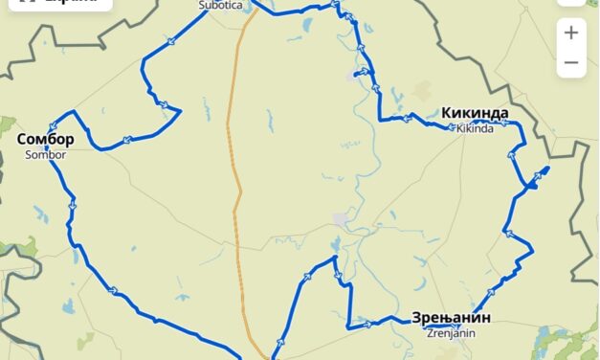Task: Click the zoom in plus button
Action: coord(571,33)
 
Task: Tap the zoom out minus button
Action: coord(571,63)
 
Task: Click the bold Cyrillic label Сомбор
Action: coord(45,140)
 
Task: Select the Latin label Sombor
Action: coord(45,154)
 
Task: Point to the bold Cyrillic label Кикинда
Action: coord(475,113)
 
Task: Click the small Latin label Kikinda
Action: coord(476,127)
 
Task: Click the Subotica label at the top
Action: coord(219,5)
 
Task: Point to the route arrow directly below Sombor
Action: coord(72,204)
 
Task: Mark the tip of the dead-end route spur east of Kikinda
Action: coord(546,169)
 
